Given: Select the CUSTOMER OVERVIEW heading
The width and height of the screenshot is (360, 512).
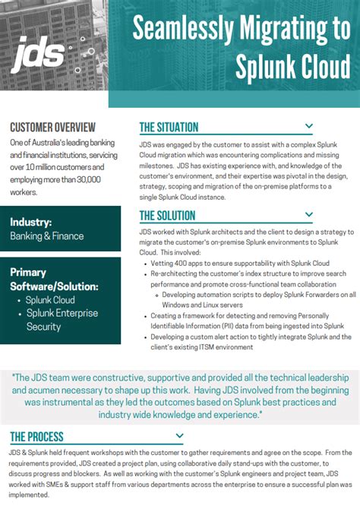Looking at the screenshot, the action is tap(52, 127).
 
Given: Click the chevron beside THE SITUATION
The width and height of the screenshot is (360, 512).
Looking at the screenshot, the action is tap(308, 126).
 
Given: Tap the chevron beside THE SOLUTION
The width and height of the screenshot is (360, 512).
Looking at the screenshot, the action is tap(308, 215).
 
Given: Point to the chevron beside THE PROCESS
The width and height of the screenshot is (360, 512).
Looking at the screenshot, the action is tap(179, 436).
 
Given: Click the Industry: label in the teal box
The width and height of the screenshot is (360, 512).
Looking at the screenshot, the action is tap(31, 222).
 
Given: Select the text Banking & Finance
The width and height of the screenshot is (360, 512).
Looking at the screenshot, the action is tap(47, 235).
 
